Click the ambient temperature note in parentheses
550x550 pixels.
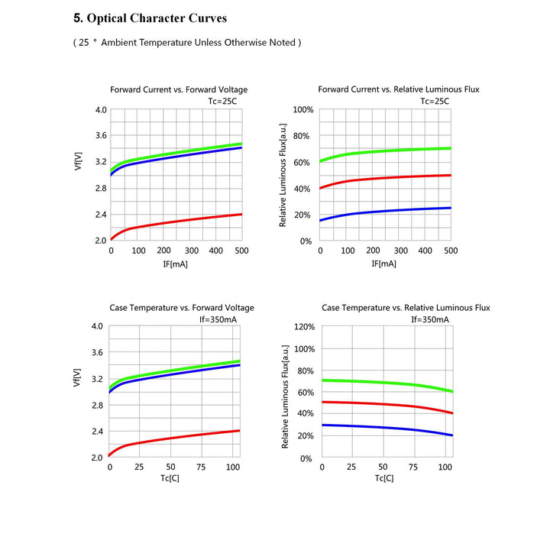point(187,43)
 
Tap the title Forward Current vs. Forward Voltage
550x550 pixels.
point(179,89)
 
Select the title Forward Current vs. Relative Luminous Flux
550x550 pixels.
point(399,89)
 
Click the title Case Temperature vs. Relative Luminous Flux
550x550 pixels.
point(406,308)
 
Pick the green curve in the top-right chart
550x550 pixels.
point(382,150)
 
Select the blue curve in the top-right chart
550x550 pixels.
point(382,210)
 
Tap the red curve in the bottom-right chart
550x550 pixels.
point(382,404)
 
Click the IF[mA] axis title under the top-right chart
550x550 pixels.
point(385,264)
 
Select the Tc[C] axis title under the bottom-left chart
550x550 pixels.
point(170,479)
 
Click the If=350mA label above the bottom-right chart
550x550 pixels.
point(430,319)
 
